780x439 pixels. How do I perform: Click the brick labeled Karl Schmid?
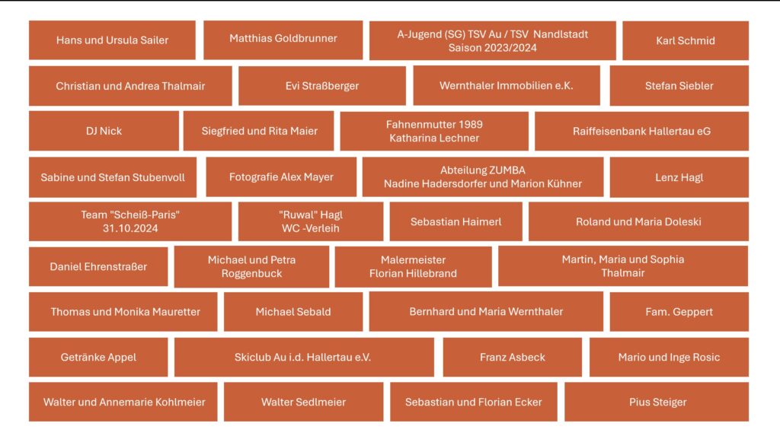685,40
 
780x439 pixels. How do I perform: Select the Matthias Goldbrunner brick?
283,38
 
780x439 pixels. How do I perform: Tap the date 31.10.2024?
129,227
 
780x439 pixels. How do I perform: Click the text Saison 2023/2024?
492,47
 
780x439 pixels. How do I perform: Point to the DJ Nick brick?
104,131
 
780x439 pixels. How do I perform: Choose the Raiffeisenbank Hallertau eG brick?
641,131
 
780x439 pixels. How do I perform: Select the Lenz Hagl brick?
679,177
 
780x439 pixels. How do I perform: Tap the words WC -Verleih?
310,227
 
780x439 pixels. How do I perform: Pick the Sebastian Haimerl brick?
456,221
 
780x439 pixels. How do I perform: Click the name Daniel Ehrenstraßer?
98,266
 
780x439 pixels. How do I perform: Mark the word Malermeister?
413,260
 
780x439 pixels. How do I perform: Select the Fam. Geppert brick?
679,311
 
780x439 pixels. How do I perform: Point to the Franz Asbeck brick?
512,357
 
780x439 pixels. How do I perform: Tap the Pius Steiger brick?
657,402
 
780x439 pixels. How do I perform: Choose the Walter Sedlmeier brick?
303,402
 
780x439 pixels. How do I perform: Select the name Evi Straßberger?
321,86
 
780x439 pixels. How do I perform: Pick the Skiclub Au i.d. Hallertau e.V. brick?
302,357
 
